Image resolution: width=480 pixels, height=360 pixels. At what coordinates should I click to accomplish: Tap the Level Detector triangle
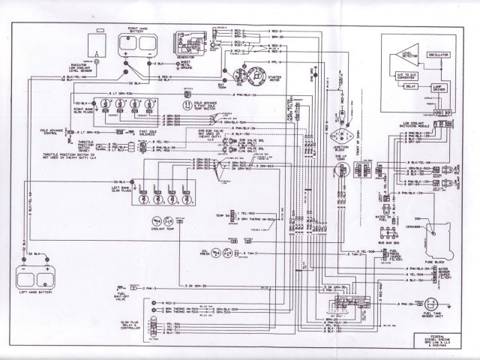(406, 50)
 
